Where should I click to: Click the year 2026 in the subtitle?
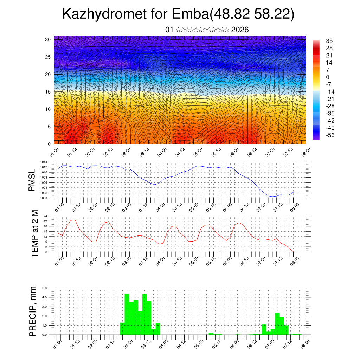[240, 30]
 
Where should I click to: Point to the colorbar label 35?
[330, 41]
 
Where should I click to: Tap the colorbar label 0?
[328, 77]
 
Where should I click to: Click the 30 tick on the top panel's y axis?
[48, 39]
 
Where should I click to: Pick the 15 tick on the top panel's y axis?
[48, 92]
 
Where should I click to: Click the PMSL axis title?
[32, 181]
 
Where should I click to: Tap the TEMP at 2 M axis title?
[34, 234]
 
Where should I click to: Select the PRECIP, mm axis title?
[33, 311]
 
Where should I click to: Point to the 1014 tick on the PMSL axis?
[44, 162]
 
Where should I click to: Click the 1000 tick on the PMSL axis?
[44, 198]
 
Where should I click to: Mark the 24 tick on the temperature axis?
[46, 216]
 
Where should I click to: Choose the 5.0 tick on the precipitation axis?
[45, 288]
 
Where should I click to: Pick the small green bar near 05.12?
[211, 334]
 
